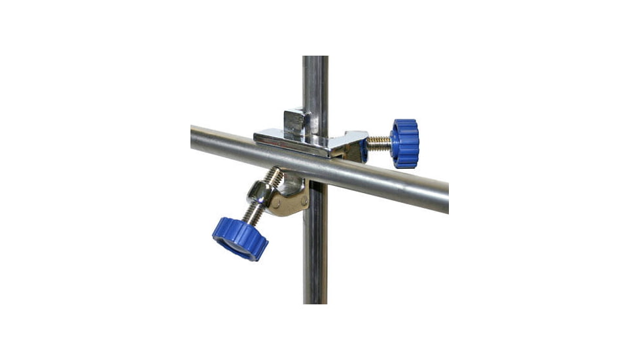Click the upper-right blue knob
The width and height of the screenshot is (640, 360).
(405, 143)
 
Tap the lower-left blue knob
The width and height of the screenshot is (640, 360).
(240, 238)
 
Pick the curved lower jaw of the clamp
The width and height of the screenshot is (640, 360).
(288, 203)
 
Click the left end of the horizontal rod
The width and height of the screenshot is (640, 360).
(194, 137)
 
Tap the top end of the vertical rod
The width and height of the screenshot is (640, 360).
(315, 60)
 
